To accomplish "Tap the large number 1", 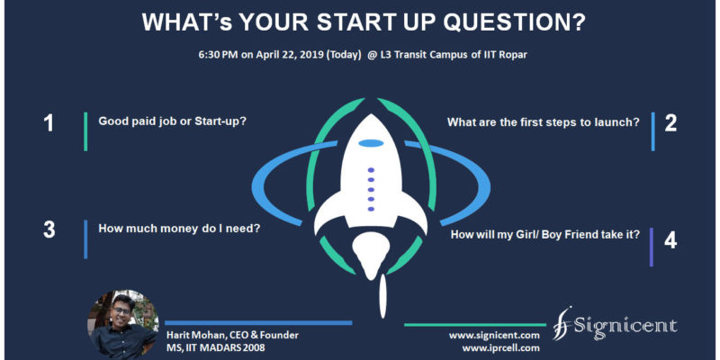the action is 49,123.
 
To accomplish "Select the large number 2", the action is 670,123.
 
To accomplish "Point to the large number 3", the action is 49,230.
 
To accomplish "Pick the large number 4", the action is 670,240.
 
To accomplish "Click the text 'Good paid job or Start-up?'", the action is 173,122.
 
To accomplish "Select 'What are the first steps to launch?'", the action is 544,122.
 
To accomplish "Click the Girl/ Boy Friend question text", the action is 545,235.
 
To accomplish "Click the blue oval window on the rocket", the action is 371,143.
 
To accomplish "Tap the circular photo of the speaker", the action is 122,324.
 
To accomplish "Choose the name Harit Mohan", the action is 193,335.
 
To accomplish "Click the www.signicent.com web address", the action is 494,336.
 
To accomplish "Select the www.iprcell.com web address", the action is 500,348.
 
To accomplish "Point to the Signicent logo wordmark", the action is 615,327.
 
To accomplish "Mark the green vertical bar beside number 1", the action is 85,131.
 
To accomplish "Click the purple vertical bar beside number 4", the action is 651,247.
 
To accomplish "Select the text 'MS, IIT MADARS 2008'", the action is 215,347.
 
